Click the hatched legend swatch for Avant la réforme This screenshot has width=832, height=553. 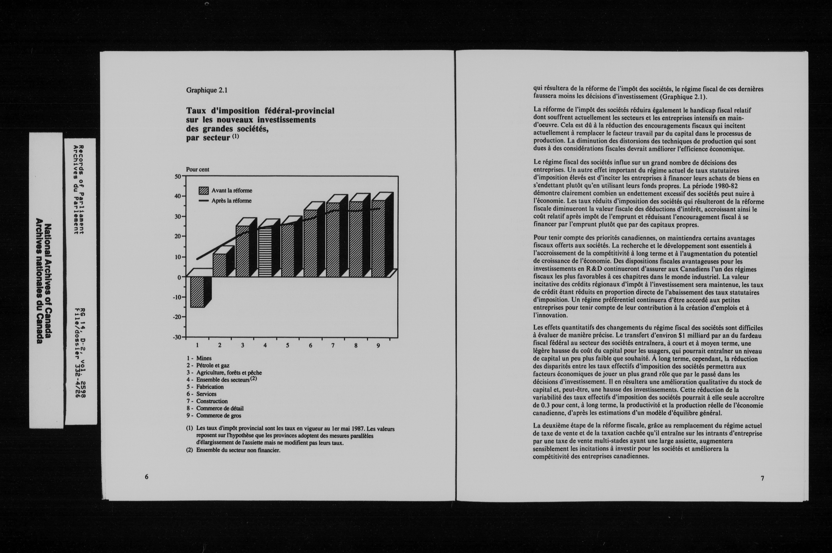click(x=204, y=191)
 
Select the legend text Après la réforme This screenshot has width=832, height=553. click(x=231, y=201)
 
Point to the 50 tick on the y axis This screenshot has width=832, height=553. click(x=178, y=176)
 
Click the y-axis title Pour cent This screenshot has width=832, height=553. click(x=198, y=169)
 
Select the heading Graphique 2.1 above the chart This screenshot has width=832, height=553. click(x=207, y=90)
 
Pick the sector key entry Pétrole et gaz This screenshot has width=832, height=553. click(x=213, y=365)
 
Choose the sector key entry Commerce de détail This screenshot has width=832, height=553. click(x=220, y=408)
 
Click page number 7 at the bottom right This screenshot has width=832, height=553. click(x=762, y=478)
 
